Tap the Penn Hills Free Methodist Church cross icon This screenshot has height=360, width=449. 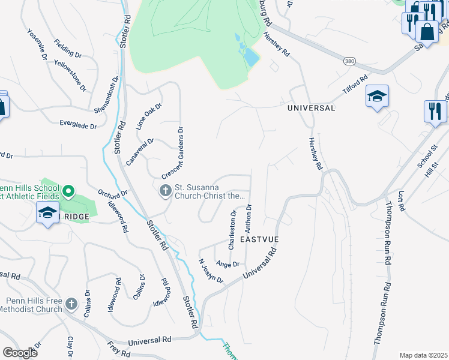(71, 304)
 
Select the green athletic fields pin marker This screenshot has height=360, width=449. (68, 192)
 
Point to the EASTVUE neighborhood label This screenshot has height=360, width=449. (260, 239)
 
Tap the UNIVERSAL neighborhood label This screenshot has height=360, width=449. (311, 108)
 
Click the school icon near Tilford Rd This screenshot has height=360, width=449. (377, 97)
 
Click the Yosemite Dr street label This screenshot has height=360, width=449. (37, 44)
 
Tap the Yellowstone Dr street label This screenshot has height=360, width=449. (70, 75)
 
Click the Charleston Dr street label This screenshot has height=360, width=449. (232, 229)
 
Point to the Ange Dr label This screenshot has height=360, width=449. (228, 264)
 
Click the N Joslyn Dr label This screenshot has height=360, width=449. (211, 271)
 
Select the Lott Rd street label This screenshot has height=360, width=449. (402, 203)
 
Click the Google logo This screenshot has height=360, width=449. (20, 353)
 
